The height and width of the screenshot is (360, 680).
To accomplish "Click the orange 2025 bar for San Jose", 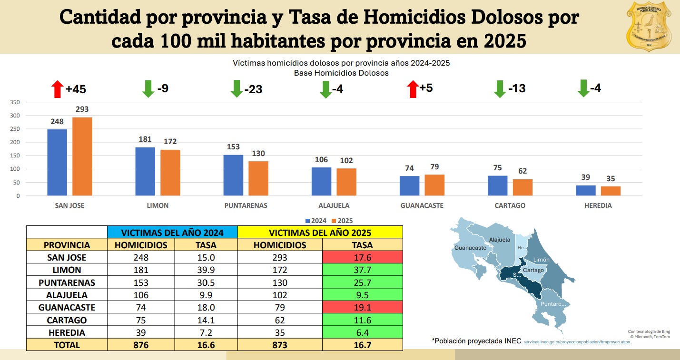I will pos(82,156).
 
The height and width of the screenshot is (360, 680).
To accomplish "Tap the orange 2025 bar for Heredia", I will pos(611,191).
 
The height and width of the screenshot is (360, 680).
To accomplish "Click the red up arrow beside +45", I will pos(58,89).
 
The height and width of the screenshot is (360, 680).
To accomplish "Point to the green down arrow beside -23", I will pos(237,89).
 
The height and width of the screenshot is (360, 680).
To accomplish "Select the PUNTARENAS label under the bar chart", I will pos(246,205).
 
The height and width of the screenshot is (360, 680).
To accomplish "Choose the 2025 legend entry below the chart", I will pos(343,221).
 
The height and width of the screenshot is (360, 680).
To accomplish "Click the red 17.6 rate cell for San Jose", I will pos(362,257).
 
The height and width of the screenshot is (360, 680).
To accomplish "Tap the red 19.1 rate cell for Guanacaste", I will pos(362,308).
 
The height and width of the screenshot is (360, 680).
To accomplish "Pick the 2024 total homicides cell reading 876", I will pos(141,345).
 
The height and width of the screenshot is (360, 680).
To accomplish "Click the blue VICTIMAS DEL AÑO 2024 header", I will pos(172,233).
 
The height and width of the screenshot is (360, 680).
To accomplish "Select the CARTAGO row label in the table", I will pos(67,320).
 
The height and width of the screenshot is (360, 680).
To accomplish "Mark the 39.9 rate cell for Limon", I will pos(206,270).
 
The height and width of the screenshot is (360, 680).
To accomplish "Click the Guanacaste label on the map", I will pos(470,248).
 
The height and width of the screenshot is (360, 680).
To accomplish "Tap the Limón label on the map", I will pos(542,260).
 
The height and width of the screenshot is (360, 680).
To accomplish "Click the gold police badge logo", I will pos(648,26).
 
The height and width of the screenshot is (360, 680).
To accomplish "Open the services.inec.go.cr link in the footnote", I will pos(576,342).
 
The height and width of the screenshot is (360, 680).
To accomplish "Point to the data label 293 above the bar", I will pos(82,109).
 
